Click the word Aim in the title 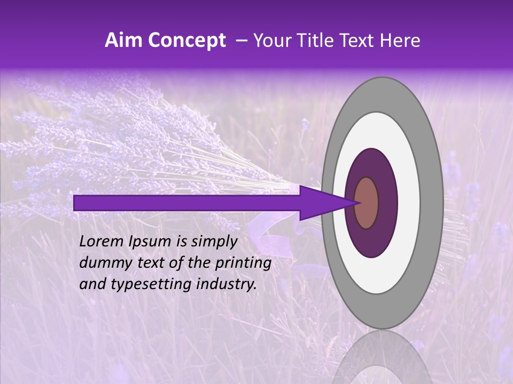pyautogui.click(x=123, y=41)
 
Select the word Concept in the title pyautogui.click(x=185, y=41)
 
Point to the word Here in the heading pyautogui.click(x=400, y=41)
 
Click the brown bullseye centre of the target pyautogui.click(x=367, y=203)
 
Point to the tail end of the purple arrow pyautogui.click(x=77, y=203)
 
